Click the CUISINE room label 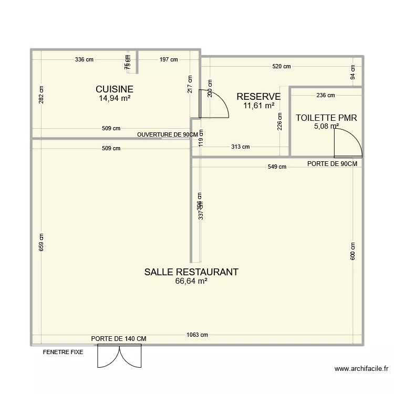coord(114,89)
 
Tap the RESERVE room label coord(258,97)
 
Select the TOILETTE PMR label coord(326,118)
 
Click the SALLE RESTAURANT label coord(191,272)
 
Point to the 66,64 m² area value coord(191,282)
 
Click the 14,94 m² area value coord(115,98)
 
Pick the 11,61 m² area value coord(258,106)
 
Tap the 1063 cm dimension coord(197,335)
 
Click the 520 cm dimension coord(281,66)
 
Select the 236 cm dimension coord(325,95)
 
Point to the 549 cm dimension coord(277,167)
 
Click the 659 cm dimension coord(42,242)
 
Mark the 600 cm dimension coord(352,251)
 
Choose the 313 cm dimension coord(240,147)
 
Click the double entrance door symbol coord(120,356)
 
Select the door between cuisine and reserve coord(213,103)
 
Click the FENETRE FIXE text coord(63,352)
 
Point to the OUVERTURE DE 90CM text coord(167,135)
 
